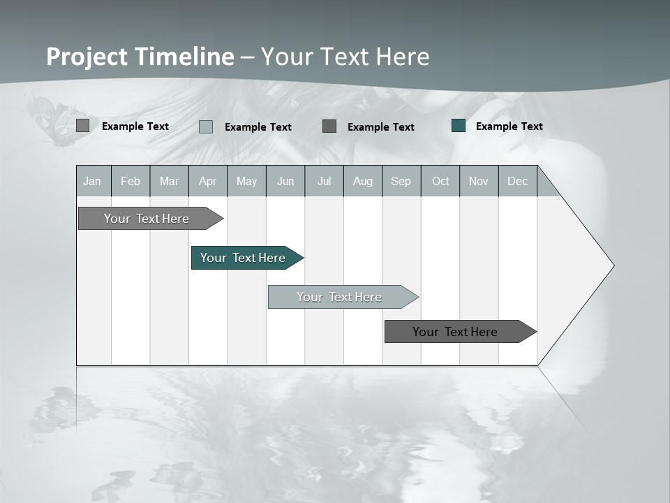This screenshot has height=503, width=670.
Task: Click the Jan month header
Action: click(93, 181)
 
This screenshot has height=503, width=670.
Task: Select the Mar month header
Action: click(169, 181)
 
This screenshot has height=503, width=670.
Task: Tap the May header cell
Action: click(246, 181)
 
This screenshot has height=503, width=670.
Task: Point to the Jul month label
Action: click(324, 181)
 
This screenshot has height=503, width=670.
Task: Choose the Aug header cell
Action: click(362, 181)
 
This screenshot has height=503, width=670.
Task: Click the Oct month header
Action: click(440, 181)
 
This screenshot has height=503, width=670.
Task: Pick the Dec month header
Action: click(517, 181)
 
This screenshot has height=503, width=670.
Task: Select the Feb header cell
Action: click(131, 181)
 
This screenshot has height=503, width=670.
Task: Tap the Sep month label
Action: click(401, 181)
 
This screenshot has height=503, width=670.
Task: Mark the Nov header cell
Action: click(479, 181)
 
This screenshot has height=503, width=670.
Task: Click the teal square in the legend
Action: click(459, 126)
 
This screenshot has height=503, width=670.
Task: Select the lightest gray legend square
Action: click(206, 126)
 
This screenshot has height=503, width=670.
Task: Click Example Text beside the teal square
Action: click(509, 126)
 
